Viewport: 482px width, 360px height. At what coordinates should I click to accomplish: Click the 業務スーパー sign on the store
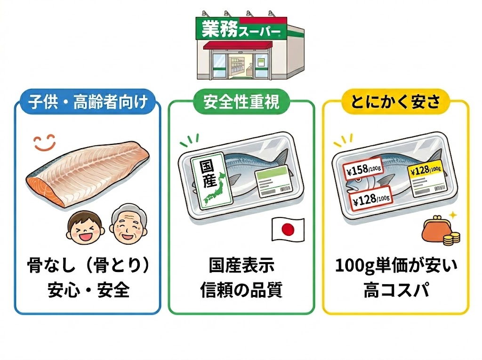pos(241,29)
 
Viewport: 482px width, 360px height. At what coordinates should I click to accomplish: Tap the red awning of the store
pos(238,45)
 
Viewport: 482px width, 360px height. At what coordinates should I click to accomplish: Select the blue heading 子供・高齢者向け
pos(88,102)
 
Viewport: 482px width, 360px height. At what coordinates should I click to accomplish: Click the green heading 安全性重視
pos(241,102)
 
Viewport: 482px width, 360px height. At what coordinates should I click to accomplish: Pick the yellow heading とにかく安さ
pos(395,102)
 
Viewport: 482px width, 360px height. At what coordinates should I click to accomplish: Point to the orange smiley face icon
pos(45,143)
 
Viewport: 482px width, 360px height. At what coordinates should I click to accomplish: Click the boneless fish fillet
pos(88,173)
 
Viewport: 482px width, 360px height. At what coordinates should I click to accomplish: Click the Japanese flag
pos(288,229)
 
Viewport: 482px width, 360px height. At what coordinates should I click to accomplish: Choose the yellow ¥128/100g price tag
pos(426,169)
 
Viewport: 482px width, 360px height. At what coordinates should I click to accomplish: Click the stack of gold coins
pos(451,239)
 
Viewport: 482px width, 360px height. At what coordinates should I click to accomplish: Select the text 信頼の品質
pos(241,290)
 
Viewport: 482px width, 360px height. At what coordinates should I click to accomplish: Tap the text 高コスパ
pos(396,290)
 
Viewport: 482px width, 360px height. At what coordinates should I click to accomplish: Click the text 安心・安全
pos(88,290)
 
